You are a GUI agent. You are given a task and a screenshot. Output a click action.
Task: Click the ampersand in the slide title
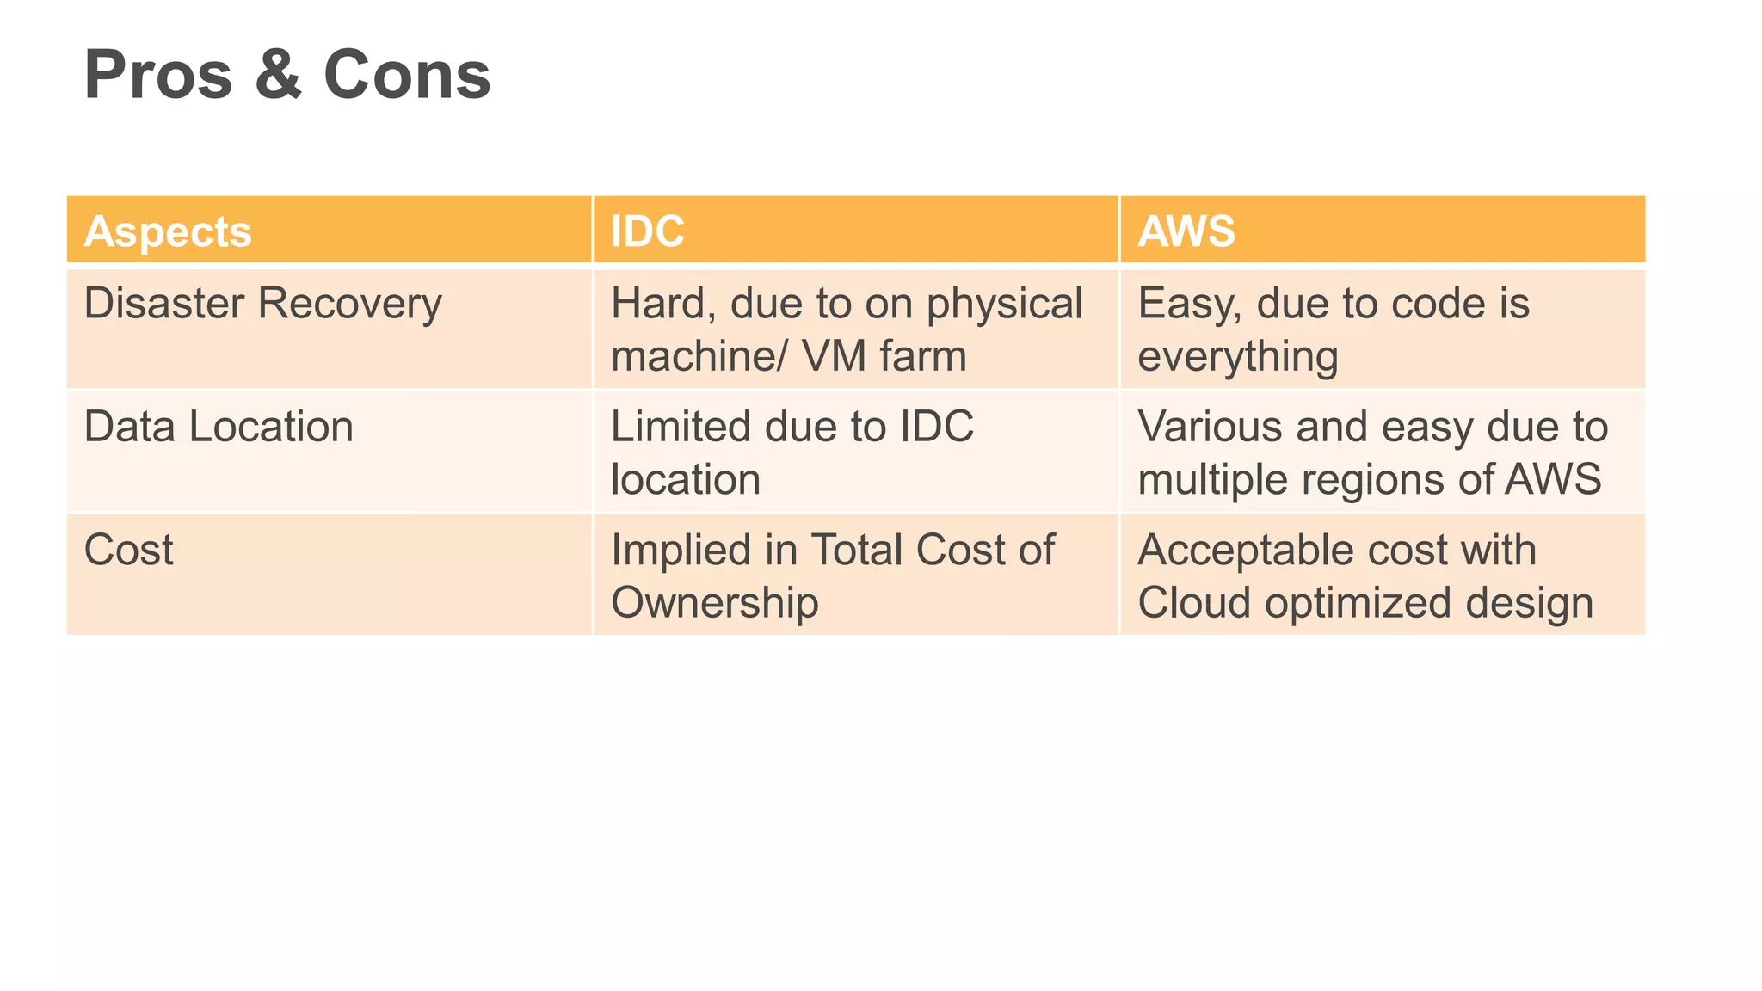point(278,76)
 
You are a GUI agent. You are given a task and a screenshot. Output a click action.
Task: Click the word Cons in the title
point(407,76)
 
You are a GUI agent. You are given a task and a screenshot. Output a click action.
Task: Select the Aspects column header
point(168,231)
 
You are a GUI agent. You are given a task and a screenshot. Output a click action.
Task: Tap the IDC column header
point(647,231)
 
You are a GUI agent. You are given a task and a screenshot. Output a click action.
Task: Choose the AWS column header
point(1186,231)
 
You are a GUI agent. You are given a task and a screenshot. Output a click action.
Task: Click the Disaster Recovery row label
point(262,304)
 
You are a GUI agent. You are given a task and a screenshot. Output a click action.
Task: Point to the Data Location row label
point(219,427)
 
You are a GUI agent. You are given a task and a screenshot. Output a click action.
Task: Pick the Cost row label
point(128,550)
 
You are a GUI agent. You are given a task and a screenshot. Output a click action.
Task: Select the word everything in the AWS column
point(1237,357)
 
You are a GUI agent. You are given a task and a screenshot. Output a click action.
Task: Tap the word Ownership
point(714,602)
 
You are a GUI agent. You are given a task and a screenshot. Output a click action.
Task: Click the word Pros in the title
point(158,76)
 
